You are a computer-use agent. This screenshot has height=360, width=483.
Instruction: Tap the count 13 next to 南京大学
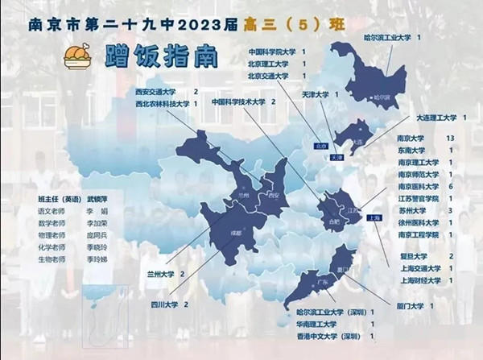pos(450,139)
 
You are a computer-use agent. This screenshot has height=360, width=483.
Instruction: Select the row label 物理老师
pos(50,235)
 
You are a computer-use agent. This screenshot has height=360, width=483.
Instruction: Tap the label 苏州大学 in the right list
pos(413,210)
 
